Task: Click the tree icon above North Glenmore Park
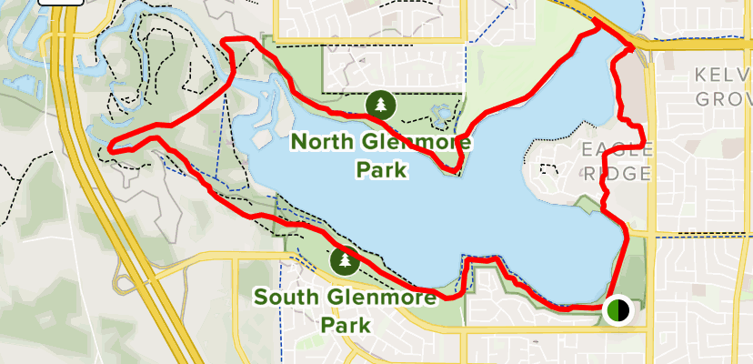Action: pyautogui.click(x=379, y=106)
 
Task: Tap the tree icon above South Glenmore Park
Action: pyautogui.click(x=345, y=262)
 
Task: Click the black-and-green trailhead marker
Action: pyautogui.click(x=617, y=311)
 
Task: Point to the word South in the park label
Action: pyautogui.click(x=286, y=298)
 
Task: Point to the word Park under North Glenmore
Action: pyautogui.click(x=379, y=170)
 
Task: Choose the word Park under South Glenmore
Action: pyautogui.click(x=344, y=324)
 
